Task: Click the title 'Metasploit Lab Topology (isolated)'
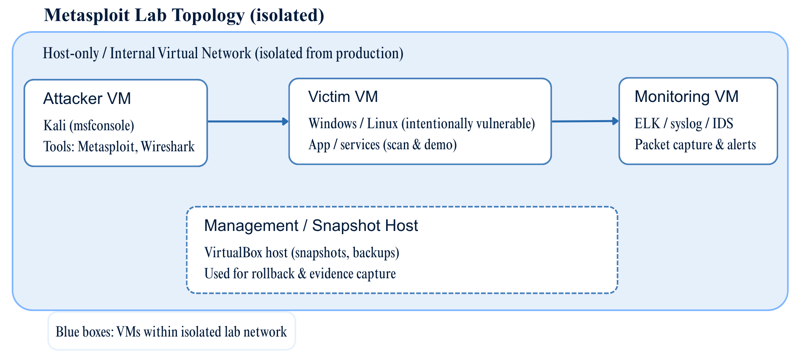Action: (184, 15)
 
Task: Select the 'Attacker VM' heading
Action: (87, 99)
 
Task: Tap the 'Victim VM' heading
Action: (343, 97)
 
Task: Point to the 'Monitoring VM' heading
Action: (686, 97)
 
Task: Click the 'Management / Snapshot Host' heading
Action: (311, 226)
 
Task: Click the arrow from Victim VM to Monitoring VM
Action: (585, 121)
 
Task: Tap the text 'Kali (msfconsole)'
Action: (89, 125)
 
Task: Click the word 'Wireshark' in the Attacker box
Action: (168, 146)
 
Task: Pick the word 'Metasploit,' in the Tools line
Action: (108, 146)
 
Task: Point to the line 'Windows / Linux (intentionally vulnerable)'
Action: (421, 123)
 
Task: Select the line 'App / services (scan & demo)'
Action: (382, 144)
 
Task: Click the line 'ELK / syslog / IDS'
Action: (683, 123)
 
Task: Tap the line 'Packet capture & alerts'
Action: (695, 144)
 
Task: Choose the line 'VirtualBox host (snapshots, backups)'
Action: (301, 252)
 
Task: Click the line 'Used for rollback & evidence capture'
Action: (300, 273)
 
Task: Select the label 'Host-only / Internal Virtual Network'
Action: (147, 53)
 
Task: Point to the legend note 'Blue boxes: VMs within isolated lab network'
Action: (171, 332)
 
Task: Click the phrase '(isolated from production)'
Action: (329, 53)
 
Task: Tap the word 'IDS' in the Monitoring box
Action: (723, 123)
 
